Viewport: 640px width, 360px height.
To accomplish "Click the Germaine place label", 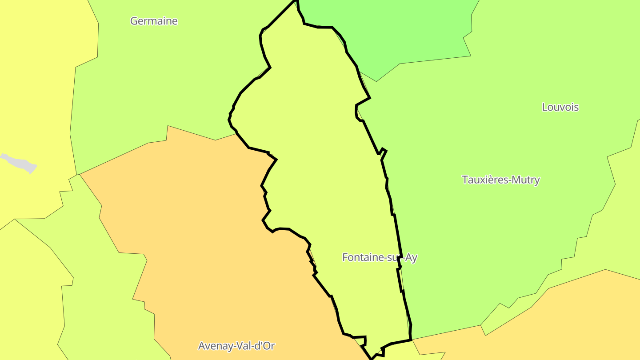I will pos(154,21).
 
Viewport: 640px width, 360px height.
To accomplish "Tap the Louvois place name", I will pos(560,107).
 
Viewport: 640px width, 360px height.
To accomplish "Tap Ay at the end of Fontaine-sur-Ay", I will pos(412,258).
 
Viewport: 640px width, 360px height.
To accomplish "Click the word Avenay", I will pos(214,346).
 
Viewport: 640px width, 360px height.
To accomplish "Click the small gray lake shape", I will pos(20,163).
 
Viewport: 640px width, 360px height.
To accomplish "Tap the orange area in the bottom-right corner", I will pos(578,320).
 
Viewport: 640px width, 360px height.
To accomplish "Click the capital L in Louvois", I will pos(545,107).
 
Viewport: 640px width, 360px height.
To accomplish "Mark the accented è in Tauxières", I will pos(496,180).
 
